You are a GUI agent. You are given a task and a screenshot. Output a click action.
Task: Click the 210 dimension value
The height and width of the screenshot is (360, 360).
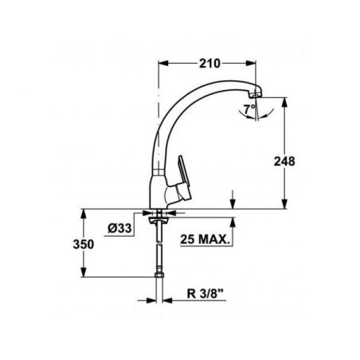(x=209, y=64)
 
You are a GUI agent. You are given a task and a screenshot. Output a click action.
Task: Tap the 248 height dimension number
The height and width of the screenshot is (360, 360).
(x=284, y=162)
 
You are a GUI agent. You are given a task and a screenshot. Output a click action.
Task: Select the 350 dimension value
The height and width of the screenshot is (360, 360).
(x=84, y=245)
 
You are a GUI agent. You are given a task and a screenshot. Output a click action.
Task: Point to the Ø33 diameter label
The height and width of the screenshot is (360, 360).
(x=119, y=228)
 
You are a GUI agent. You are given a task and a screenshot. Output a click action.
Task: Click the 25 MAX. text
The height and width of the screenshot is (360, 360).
(x=205, y=240)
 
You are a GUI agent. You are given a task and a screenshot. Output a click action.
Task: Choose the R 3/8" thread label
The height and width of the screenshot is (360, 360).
(x=205, y=294)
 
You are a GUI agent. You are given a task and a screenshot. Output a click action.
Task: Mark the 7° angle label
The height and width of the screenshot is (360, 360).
(x=249, y=109)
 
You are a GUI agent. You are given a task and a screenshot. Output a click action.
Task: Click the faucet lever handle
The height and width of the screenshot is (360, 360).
(x=184, y=177)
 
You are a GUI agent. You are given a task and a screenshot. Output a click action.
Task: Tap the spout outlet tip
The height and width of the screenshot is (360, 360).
(x=256, y=93)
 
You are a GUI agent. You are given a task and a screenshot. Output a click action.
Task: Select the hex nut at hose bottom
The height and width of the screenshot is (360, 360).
(x=159, y=274)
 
